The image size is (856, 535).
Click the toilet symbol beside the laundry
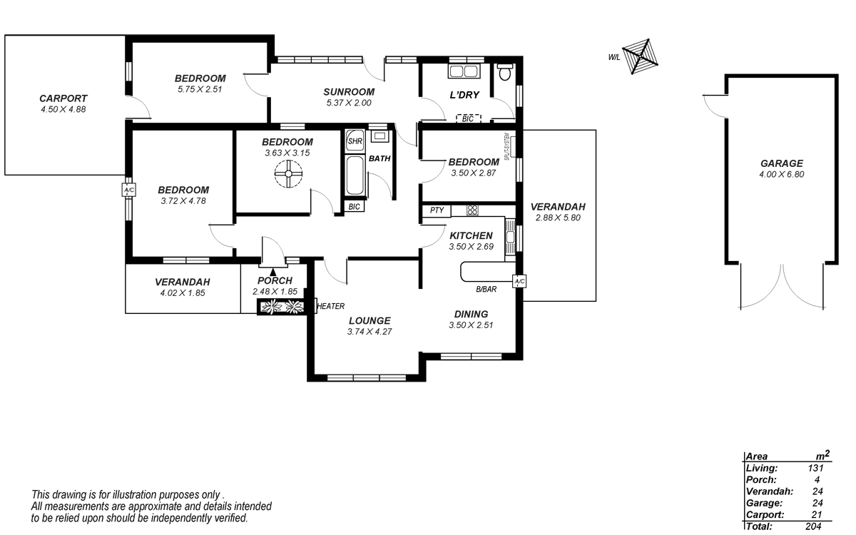click(505, 72)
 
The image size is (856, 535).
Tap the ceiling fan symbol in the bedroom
click(288, 174)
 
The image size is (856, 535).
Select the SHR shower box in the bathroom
click(355, 141)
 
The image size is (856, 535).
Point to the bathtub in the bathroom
click(355, 176)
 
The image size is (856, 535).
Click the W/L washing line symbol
click(640, 56)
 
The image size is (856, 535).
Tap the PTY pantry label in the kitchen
click(437, 210)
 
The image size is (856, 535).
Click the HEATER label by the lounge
click(331, 306)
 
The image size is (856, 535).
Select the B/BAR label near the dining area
click(486, 290)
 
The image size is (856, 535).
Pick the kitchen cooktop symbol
click(472, 210)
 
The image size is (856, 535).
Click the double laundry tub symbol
click(464, 71)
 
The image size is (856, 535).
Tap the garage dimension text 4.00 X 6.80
click(782, 175)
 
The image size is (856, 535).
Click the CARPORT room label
click(63, 98)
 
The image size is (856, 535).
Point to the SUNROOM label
click(349, 92)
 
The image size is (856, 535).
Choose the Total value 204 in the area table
click(813, 526)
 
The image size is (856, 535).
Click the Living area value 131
click(815, 468)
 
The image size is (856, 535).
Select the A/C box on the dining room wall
click(519, 281)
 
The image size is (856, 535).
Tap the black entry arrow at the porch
click(272, 272)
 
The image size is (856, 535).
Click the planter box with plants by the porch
click(282, 307)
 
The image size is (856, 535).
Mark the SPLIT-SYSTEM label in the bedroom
click(506, 146)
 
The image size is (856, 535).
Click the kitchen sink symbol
click(510, 237)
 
